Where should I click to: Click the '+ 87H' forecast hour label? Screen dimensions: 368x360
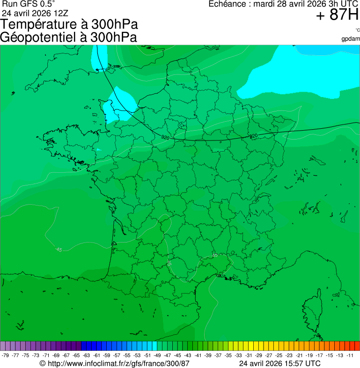337,15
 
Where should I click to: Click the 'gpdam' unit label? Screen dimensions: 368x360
351,38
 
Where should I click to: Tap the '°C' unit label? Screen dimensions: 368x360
357,30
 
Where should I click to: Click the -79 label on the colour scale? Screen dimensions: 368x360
5,355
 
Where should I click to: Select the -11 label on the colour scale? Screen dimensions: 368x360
350,355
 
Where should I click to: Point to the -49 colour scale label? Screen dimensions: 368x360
157,355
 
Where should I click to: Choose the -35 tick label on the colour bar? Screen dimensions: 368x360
228,355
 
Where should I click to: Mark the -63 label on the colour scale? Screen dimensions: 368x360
87,355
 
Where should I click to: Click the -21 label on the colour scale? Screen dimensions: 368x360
299,355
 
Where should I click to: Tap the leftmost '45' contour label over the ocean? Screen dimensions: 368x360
59,250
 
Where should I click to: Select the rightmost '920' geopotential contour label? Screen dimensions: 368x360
254,136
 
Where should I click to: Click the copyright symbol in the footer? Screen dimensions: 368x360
43,363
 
